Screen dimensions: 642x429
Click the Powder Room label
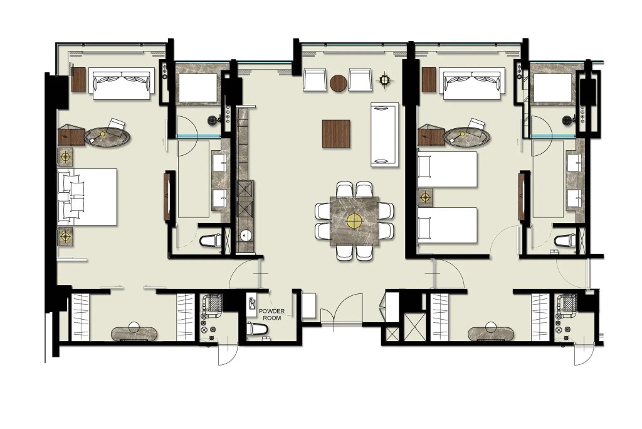(271, 315)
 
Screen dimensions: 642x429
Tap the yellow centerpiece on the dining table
(354, 222)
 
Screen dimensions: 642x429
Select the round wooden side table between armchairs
(338, 83)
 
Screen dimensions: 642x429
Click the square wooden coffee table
(336, 134)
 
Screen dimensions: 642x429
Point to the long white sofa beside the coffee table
(384, 134)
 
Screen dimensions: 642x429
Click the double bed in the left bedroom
(87, 197)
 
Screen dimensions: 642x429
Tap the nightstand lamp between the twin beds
(426, 198)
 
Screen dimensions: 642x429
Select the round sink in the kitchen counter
(246, 236)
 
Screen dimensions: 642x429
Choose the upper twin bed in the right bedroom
(447, 170)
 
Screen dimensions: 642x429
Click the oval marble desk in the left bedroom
(107, 136)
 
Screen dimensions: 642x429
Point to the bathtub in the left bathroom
(198, 87)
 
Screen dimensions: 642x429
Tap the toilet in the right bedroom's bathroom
(565, 241)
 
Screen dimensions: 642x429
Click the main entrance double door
(341, 309)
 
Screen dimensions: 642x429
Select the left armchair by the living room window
(315, 79)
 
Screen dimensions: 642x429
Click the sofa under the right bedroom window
(472, 84)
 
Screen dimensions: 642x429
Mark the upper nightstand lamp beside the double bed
(65, 156)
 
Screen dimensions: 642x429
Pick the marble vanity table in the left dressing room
(134, 334)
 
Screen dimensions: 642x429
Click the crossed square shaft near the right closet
(414, 327)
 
